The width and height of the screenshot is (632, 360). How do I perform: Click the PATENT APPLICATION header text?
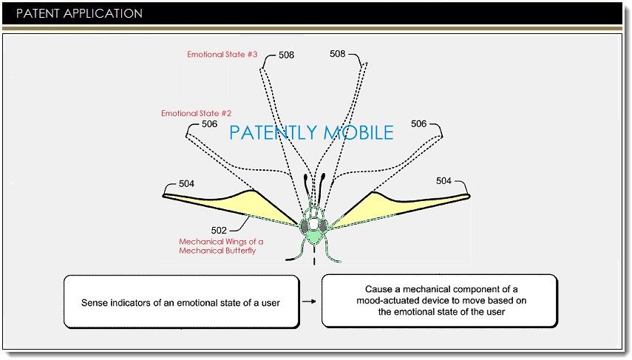[79, 13]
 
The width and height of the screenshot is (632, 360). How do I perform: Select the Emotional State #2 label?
[197, 113]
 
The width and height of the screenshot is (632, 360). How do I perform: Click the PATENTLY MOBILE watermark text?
[311, 133]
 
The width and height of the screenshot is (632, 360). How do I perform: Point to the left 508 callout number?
[286, 54]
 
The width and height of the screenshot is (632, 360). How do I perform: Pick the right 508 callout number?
[337, 54]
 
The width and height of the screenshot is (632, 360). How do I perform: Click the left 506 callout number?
[209, 124]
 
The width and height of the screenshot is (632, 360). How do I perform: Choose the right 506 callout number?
[418, 124]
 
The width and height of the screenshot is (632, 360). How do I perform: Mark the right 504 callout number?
[444, 181]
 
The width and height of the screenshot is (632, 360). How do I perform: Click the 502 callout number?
[219, 230]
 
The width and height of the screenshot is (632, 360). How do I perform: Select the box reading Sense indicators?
[181, 302]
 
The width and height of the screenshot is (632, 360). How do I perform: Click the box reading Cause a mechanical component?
[439, 301]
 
